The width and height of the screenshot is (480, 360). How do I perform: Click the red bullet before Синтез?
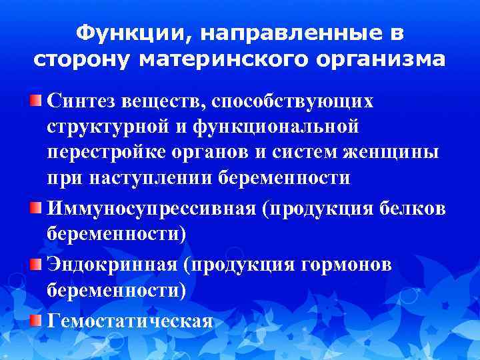(36, 100)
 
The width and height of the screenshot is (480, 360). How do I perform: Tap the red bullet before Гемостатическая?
(36, 319)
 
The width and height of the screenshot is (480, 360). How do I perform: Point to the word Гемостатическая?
(131, 321)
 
